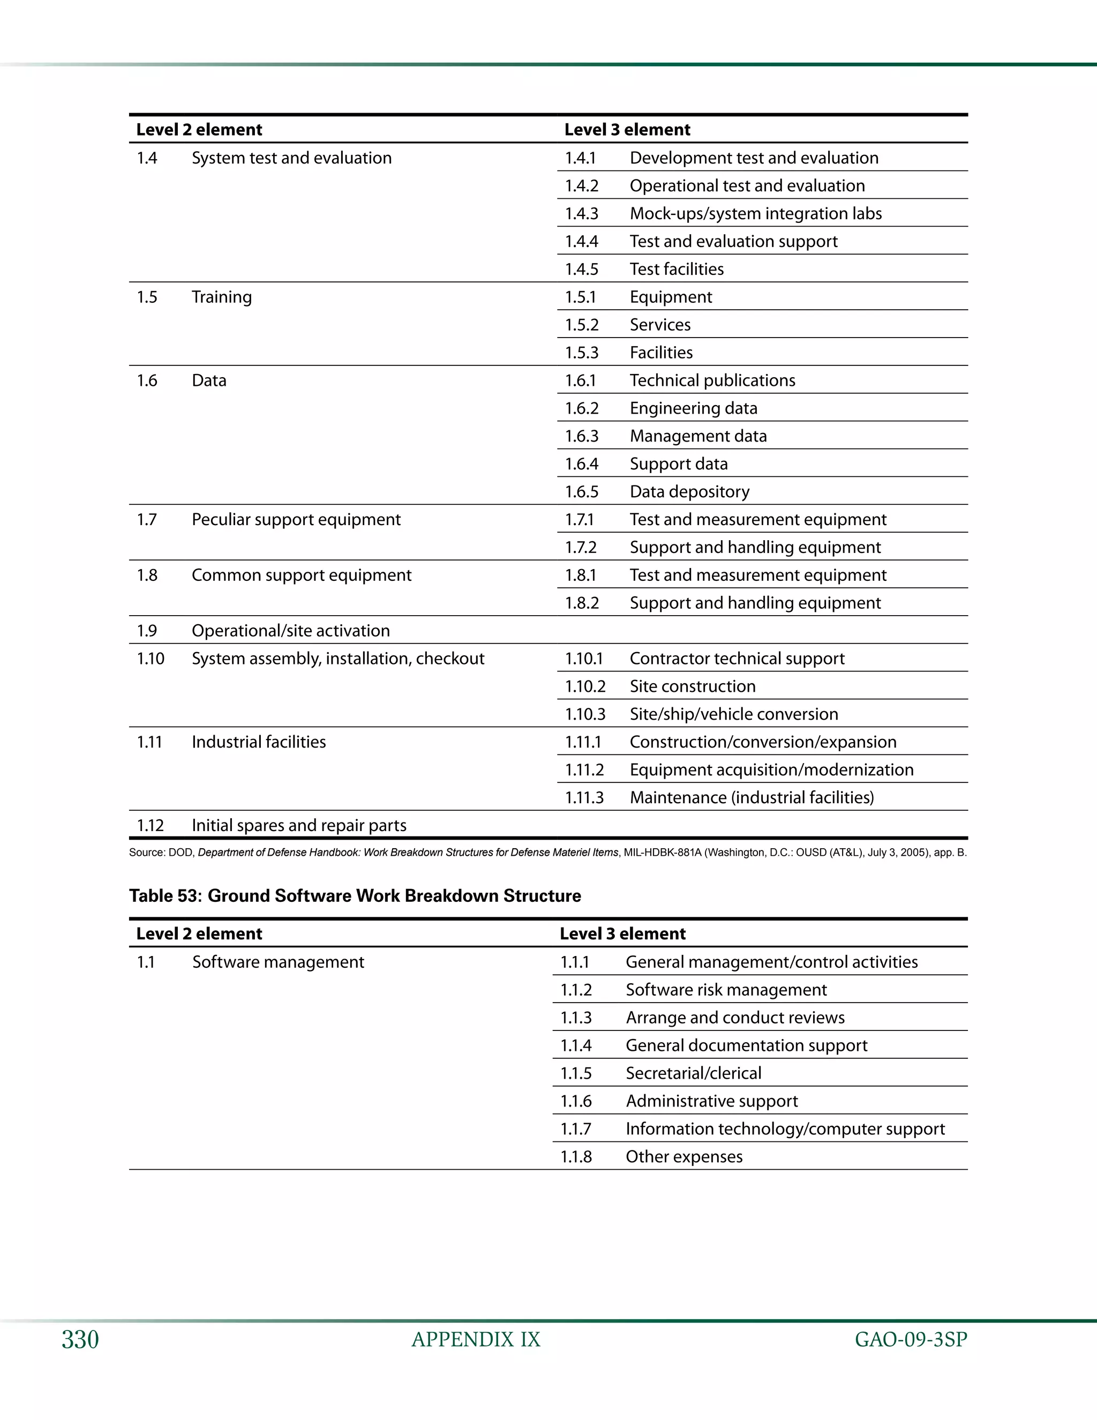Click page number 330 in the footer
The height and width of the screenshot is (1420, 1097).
(80, 1340)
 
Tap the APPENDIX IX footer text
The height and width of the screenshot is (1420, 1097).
(476, 1340)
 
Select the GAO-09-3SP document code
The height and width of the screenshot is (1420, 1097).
(911, 1340)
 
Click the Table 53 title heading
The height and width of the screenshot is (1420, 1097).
(355, 896)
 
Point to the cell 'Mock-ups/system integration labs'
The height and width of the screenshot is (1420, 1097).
(755, 213)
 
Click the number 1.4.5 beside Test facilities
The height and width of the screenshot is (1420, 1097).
(581, 269)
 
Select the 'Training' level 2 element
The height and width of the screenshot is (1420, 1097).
(222, 297)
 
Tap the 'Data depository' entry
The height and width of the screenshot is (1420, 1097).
(689, 491)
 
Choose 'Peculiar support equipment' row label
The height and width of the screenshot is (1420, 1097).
(296, 519)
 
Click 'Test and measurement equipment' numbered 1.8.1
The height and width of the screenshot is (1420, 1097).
(758, 576)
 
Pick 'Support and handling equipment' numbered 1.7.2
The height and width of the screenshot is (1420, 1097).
(755, 548)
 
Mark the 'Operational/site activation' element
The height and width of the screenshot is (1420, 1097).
(290, 631)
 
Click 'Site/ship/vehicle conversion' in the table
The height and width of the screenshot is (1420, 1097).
(733, 714)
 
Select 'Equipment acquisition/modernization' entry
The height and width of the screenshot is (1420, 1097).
(771, 770)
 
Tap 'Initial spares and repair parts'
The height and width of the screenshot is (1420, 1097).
(299, 826)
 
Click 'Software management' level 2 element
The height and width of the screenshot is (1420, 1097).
(278, 962)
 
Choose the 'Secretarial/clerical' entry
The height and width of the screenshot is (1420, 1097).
(694, 1073)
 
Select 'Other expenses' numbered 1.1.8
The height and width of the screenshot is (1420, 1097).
(683, 1157)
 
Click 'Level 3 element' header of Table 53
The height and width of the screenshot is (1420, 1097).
(622, 933)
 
